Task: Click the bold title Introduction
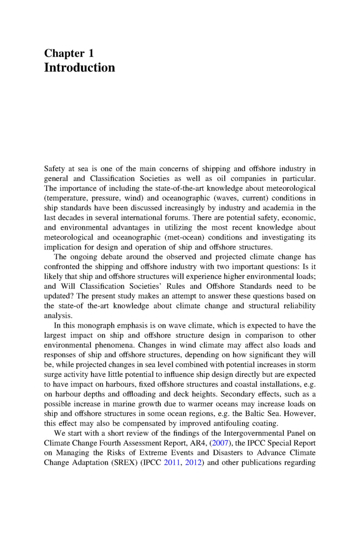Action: click(80, 67)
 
